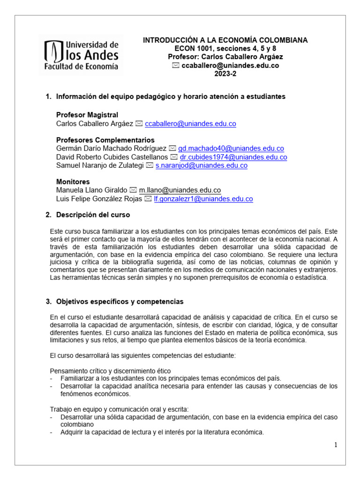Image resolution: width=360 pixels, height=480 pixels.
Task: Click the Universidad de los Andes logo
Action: point(81,54)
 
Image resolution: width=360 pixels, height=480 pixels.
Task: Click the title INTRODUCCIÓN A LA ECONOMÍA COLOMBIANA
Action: point(225,40)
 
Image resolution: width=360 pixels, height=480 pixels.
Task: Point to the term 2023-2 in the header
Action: point(225,74)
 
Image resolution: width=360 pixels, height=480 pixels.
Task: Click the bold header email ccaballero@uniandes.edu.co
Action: point(230,66)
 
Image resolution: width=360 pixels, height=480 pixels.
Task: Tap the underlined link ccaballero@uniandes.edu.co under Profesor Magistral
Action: point(190,124)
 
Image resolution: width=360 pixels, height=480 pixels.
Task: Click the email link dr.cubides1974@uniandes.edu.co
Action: point(233,157)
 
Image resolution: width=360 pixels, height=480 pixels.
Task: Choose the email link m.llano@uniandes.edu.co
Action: point(180,190)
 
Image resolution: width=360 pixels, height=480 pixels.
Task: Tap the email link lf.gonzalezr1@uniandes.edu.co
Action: point(203,199)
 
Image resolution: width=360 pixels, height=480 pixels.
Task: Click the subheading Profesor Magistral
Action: point(87,115)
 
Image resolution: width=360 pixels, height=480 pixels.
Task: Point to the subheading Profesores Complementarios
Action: point(105,140)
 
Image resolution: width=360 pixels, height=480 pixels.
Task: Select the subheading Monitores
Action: point(73,182)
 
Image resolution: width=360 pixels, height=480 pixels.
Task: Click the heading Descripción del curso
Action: point(93,215)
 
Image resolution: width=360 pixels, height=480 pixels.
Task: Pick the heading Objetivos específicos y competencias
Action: point(120,301)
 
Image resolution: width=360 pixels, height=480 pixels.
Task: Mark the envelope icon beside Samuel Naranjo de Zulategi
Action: point(150,165)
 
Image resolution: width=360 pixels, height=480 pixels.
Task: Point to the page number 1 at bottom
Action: point(336,445)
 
